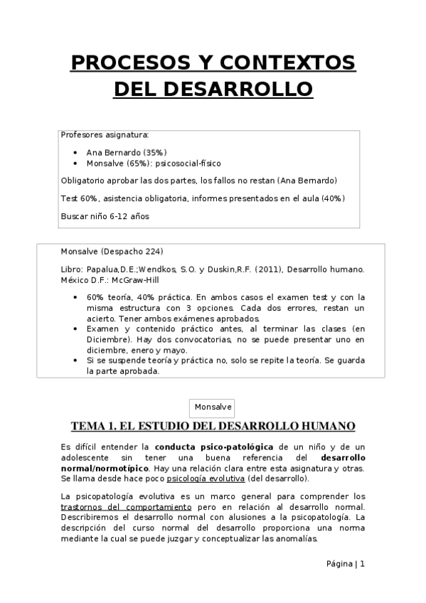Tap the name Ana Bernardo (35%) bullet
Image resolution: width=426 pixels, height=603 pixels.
point(126,152)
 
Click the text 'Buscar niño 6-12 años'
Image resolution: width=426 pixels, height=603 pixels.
point(105,215)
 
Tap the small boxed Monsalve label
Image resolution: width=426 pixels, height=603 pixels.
point(213,407)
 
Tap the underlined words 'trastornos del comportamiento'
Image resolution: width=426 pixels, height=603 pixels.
point(126,506)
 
